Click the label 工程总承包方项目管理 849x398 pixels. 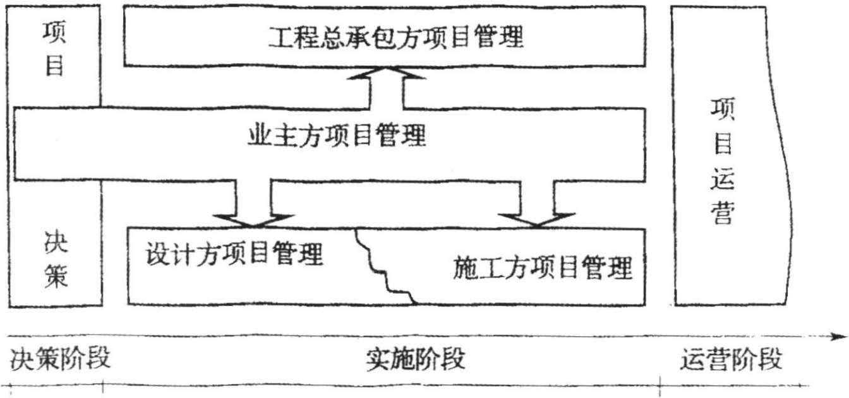[396, 37]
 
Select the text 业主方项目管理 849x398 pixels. [336, 134]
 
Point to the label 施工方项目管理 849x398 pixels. [543, 268]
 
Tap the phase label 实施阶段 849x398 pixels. [415, 359]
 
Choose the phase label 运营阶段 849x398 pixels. [732, 360]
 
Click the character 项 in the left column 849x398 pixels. [54, 33]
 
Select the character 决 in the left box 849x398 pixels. [56, 242]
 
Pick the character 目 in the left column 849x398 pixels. [54, 65]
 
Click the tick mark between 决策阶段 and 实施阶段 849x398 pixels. [102, 385]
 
